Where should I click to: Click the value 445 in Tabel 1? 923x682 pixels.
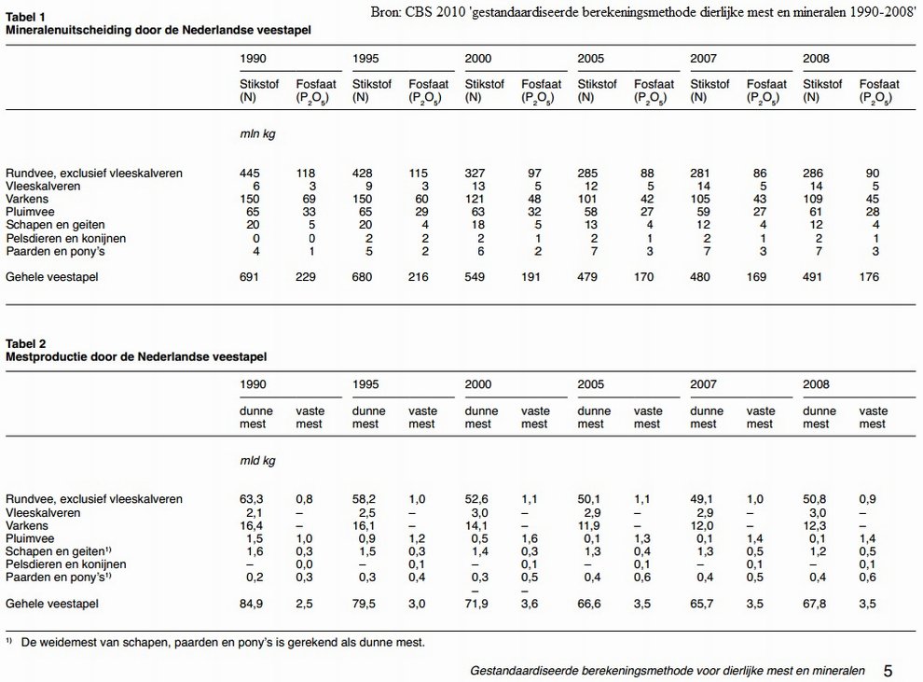[x=250, y=174]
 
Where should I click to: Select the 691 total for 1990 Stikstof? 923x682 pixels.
[x=250, y=277]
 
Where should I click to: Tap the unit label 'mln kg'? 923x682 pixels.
[x=257, y=134]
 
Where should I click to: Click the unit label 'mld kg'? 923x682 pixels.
[x=257, y=461]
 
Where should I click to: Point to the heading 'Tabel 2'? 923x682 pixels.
[x=26, y=344]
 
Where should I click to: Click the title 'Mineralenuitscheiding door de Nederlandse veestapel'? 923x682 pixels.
[x=158, y=30]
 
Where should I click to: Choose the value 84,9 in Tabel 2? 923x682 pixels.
[x=252, y=604]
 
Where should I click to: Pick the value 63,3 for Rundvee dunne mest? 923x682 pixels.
[x=252, y=499]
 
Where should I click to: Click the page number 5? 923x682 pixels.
[x=889, y=671]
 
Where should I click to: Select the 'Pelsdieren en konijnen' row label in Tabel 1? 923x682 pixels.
[x=66, y=239]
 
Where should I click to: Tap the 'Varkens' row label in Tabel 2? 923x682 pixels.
[x=27, y=525]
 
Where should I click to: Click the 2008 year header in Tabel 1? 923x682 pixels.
[x=816, y=58]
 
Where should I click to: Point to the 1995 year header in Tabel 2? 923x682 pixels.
[x=365, y=384]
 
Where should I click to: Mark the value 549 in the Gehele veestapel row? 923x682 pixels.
[x=475, y=277]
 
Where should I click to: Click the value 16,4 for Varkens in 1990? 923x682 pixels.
[x=252, y=525]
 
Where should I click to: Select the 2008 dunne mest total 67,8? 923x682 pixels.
[x=814, y=604]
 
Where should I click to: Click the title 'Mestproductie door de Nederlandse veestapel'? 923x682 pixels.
[x=136, y=357]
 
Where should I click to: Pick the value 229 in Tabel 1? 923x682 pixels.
[x=306, y=277]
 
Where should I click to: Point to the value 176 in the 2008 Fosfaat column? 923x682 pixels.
[x=869, y=277]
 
